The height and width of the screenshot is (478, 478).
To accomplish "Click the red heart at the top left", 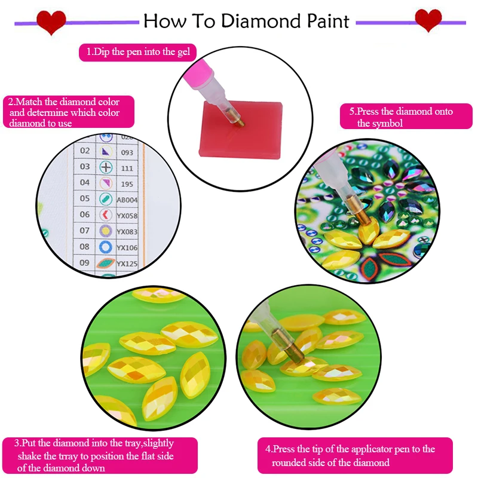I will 51,22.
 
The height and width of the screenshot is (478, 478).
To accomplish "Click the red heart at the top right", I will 428,20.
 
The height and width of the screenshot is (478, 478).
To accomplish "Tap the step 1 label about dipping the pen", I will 138,52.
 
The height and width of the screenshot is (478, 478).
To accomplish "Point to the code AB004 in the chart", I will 127,200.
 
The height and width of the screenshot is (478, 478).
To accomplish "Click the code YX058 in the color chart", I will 127,216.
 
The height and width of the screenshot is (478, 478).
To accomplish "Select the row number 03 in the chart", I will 85,167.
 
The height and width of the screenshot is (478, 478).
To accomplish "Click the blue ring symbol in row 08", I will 106,247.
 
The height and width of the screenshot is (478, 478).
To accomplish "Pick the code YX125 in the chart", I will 127,263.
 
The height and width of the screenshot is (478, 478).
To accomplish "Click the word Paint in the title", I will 322,22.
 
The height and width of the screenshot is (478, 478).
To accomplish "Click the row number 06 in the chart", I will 85,215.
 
